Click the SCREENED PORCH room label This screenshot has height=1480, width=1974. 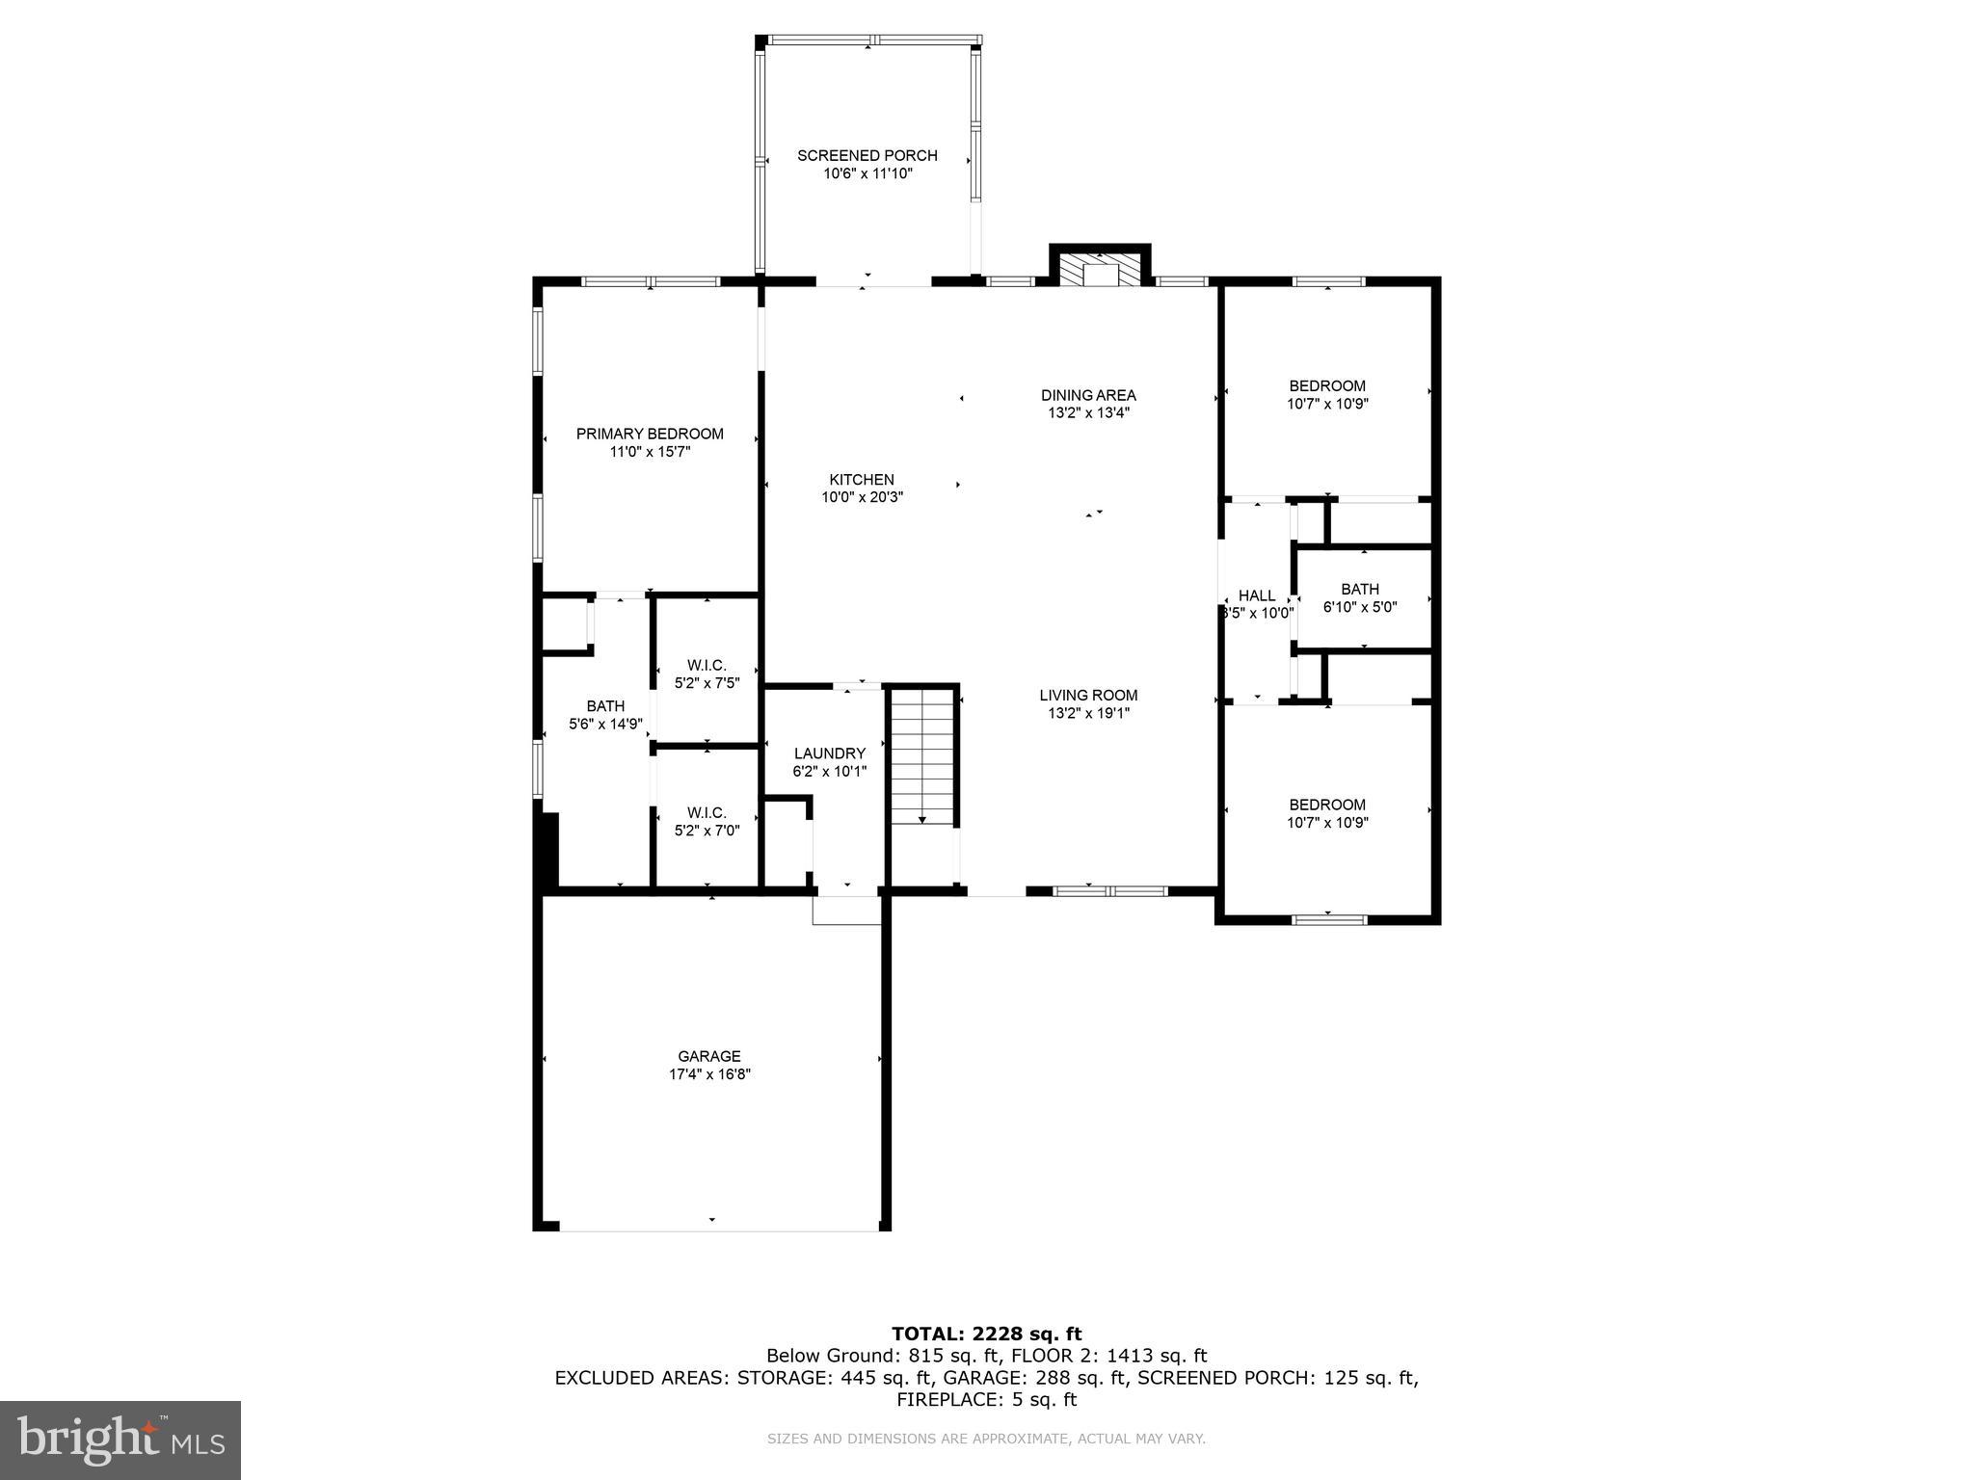point(867,155)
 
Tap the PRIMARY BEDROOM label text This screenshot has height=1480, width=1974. point(650,434)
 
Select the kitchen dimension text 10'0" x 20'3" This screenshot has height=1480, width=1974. point(862,497)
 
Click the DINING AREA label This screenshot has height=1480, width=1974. point(1088,395)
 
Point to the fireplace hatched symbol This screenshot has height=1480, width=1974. point(1099,272)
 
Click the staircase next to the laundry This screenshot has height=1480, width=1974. point(922,756)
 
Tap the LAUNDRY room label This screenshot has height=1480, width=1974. point(829,753)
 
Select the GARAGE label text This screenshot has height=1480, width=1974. point(708,1056)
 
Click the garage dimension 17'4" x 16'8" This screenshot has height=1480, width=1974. point(709,1074)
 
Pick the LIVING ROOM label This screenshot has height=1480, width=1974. point(1088,695)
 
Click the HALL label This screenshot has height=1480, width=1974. point(1256,595)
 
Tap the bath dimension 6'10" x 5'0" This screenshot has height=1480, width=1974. point(1360,607)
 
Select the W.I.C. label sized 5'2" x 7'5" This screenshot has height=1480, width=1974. point(707,665)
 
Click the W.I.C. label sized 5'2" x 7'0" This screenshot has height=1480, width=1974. point(707,812)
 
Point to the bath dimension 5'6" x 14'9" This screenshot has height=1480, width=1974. point(605,725)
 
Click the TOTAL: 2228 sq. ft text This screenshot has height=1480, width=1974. point(986,1334)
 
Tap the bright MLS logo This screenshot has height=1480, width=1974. point(120,1440)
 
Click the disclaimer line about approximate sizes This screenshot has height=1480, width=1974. point(986,1439)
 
